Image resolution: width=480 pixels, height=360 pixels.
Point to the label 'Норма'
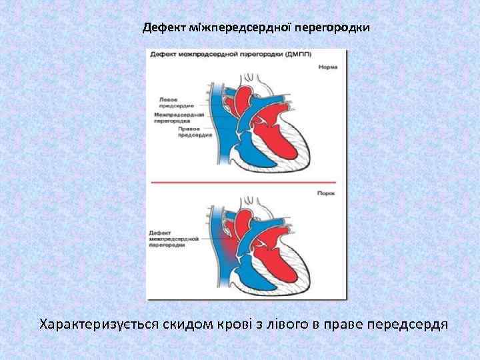click(x=327, y=67)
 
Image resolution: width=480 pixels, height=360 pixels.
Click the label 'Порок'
click(x=327, y=193)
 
